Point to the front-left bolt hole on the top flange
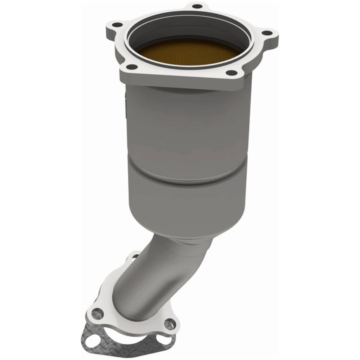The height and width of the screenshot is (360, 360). click(x=131, y=66)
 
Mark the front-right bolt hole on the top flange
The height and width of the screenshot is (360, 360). click(x=231, y=73)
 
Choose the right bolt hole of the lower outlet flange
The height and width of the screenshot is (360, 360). click(x=170, y=325)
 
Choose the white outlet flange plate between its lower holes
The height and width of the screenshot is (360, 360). click(x=132, y=325)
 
